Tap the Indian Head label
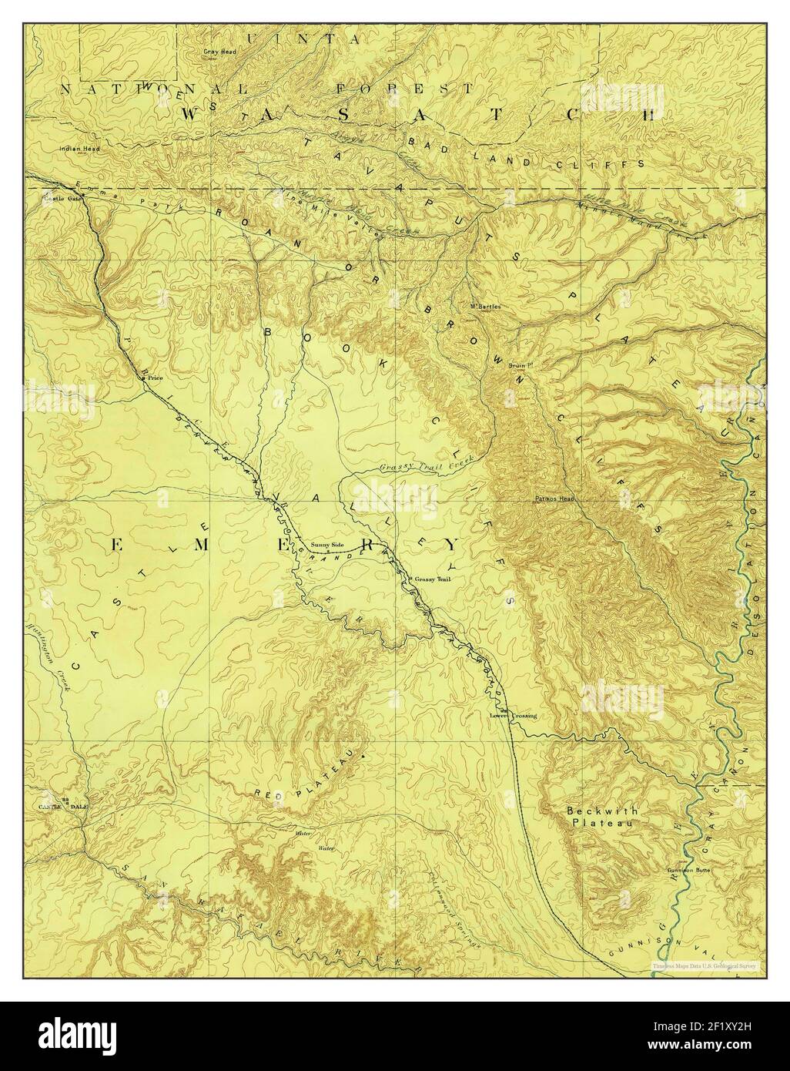point(74,147)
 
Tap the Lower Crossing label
point(513,716)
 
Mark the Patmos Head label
point(554,499)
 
